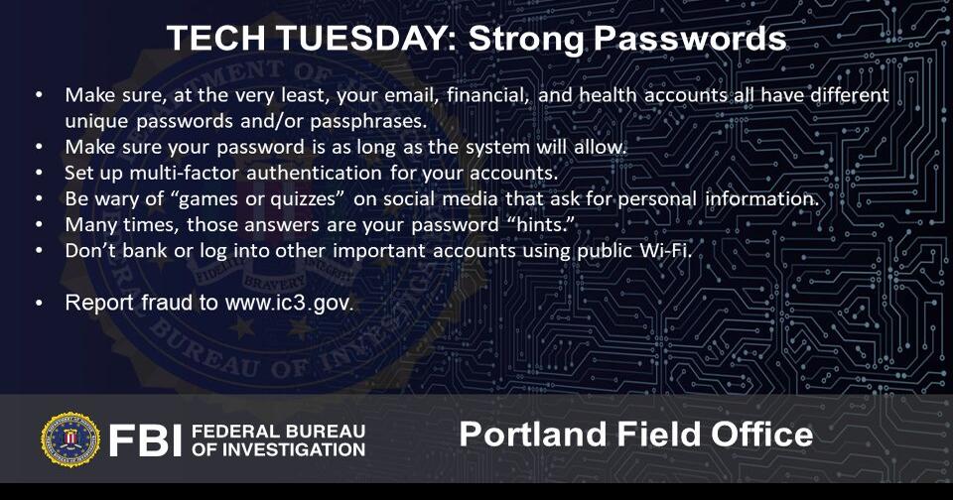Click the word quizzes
[x=285, y=198]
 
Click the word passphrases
[x=368, y=121]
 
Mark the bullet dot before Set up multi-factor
[x=39, y=173]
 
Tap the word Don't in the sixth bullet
[x=87, y=250]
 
